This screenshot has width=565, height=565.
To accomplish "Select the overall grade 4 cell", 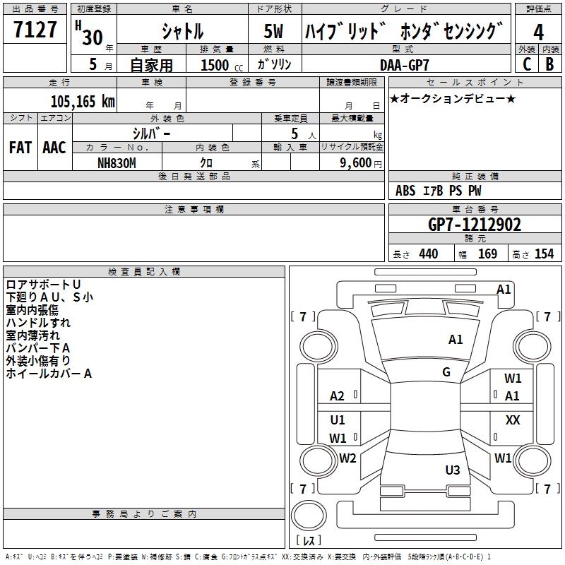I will (538, 32).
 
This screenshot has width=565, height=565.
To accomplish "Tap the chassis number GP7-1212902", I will (475, 225).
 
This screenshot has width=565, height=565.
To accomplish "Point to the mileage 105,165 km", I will (83, 101).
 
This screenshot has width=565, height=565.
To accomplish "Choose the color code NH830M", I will (117, 162).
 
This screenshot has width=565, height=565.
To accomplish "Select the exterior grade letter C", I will (526, 64).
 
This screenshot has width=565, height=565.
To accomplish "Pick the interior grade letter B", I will (549, 64).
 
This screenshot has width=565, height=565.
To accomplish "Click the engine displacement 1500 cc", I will (217, 65).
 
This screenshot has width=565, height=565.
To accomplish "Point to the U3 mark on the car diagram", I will (453, 470).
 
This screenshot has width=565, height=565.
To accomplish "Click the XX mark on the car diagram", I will (513, 420).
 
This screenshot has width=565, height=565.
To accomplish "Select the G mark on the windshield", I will (446, 372).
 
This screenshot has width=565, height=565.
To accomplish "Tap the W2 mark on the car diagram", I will (347, 458).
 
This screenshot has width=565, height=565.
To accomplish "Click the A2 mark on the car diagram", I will (338, 396).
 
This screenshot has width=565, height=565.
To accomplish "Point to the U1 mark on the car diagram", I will (338, 420).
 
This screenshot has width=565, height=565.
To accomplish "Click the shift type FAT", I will (20, 148).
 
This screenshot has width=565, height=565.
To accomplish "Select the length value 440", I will (428, 254).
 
